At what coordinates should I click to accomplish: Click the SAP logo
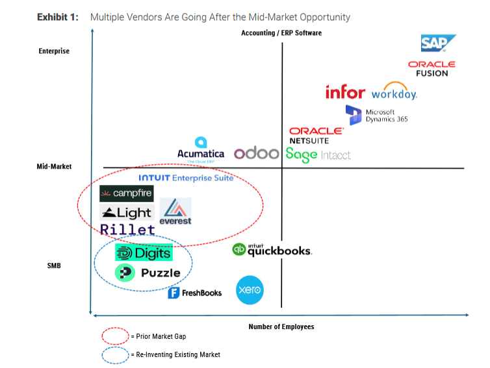438,43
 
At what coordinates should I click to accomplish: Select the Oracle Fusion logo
432,69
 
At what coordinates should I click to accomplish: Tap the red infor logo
345,92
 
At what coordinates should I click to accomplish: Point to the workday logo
394,91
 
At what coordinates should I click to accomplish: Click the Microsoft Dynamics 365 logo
376,115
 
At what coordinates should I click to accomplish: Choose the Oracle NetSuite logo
316,136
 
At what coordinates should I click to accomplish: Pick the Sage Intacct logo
318,155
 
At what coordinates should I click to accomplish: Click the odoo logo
256,153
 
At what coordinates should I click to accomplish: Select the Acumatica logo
201,150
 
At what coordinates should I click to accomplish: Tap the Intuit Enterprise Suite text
186,178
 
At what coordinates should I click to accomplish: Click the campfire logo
127,193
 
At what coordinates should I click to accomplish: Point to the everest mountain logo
175,212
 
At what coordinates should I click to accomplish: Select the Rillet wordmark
127,229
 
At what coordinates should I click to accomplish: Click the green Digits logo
144,252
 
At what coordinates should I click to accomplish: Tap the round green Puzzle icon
125,273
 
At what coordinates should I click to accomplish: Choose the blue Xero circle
250,290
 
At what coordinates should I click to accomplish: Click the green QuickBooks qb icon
239,250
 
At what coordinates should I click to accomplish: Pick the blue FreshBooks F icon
174,293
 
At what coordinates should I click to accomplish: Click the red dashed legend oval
115,336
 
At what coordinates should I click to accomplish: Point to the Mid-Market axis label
54,166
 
